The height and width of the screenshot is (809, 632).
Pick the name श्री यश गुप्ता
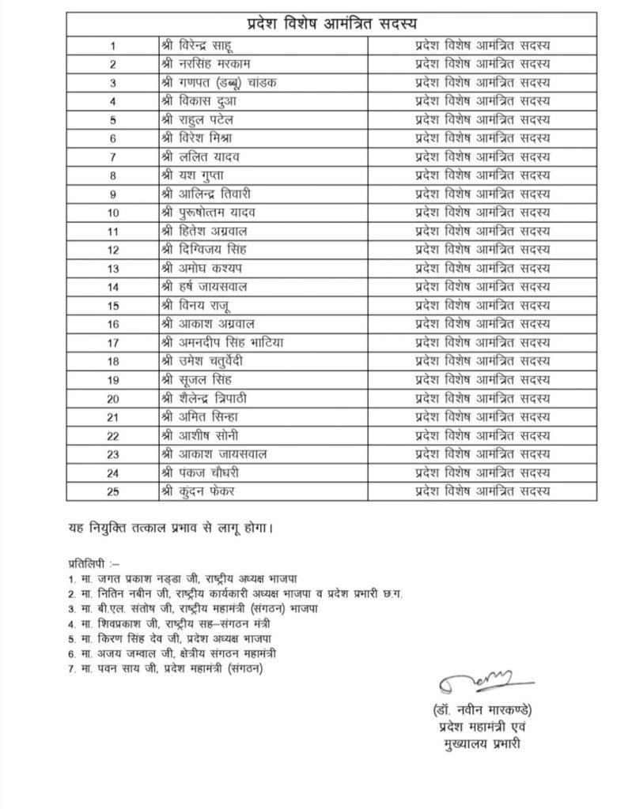point(192,175)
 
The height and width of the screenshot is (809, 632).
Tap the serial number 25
point(114,491)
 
